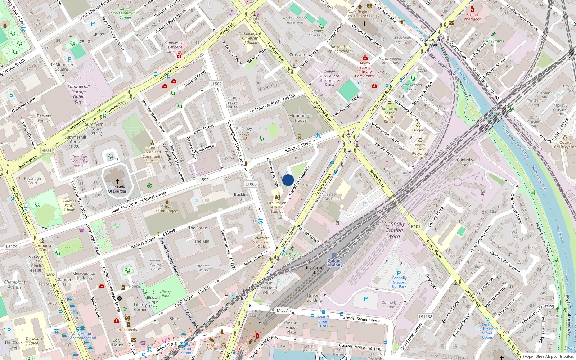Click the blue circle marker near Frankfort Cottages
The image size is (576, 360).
288,180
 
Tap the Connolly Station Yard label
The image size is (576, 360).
395,230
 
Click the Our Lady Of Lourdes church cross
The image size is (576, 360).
117,181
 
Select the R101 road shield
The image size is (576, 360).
415,226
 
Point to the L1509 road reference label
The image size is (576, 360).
216,84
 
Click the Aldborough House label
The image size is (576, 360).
301,118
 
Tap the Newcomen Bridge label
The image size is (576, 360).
431,42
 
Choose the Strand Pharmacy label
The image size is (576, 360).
472,17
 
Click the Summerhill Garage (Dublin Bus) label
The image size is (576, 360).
78,94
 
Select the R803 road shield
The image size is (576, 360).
46,150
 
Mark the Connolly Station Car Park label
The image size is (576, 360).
399,282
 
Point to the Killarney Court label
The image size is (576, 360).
244,131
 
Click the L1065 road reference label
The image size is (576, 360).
251,184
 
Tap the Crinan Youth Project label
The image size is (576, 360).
167,209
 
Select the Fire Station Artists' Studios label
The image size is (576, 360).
277,207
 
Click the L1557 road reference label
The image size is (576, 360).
282,310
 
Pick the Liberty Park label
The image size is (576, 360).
165,294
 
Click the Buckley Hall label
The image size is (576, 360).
241,197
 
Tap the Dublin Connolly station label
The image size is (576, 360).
334,262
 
